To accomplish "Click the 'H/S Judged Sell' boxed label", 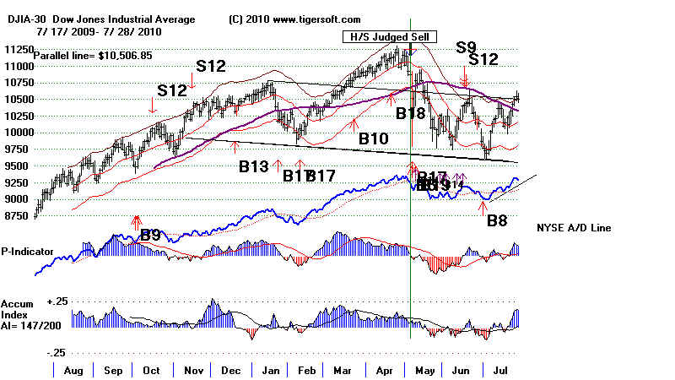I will point(379,36).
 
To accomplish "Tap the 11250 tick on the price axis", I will point(16,50).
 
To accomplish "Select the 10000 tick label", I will point(16,133).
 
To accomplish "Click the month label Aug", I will point(73,370).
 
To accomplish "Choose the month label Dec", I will point(230,370).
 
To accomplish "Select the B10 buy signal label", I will point(373,138).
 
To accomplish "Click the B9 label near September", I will point(149,236).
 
